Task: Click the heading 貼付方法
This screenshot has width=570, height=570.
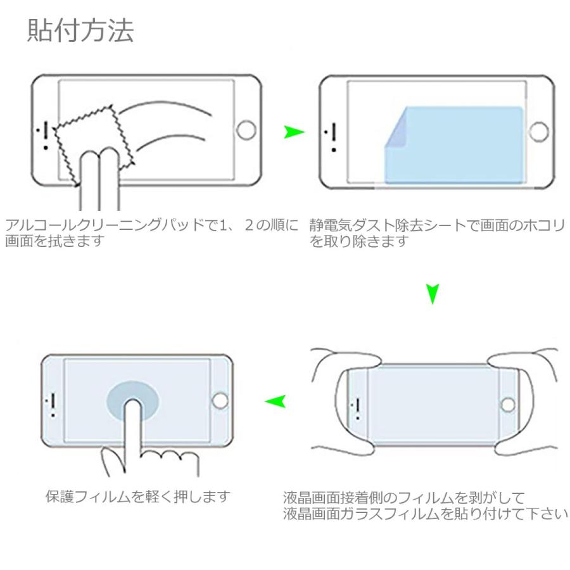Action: coord(80,31)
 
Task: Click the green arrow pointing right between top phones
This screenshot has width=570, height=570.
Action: coord(294,132)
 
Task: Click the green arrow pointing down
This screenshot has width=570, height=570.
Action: coord(433,293)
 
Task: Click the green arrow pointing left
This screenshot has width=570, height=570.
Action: coord(275,400)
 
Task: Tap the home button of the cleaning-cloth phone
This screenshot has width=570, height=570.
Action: coord(245,131)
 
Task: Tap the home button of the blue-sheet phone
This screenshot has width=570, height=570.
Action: coord(538,132)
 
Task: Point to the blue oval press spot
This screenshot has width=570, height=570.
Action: coord(132,400)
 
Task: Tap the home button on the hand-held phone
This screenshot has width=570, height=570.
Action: coord(508,403)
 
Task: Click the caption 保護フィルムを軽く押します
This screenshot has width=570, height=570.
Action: coord(137,496)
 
